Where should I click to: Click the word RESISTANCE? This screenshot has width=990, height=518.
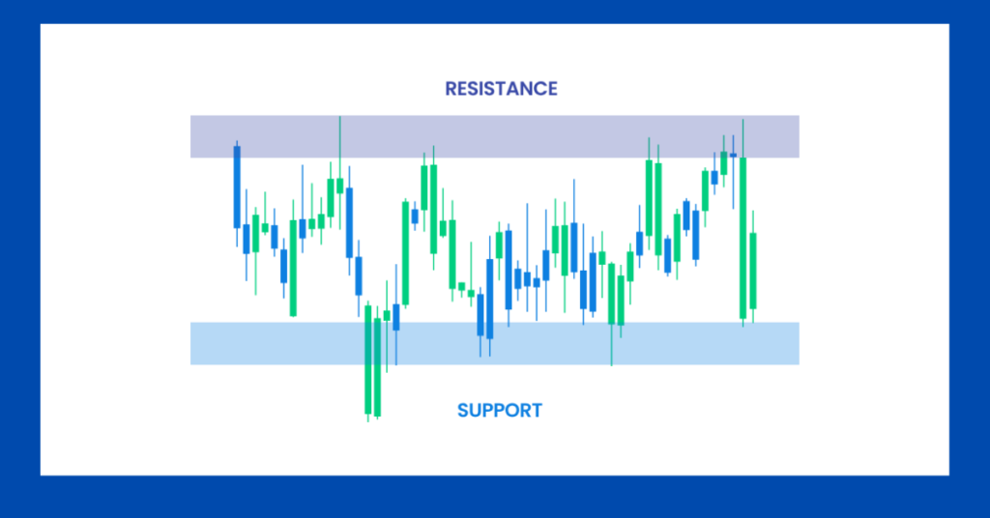pyautogui.click(x=501, y=89)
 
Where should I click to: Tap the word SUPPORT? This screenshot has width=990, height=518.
pyautogui.click(x=499, y=411)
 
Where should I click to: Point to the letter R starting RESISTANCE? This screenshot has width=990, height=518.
pyautogui.click(x=451, y=89)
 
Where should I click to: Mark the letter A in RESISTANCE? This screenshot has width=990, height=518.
pyautogui.click(x=510, y=89)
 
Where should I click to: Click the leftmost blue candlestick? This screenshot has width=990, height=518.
pyautogui.click(x=237, y=187)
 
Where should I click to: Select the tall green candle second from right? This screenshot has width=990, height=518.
pyautogui.click(x=742, y=236)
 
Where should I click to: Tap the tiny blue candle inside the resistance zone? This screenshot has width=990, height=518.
pyautogui.click(x=733, y=155)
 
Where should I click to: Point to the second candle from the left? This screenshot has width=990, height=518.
pyautogui.click(x=247, y=239)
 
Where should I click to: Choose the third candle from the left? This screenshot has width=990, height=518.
pyautogui.click(x=255, y=233)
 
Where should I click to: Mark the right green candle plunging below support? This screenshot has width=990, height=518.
pyautogui.click(x=377, y=363)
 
